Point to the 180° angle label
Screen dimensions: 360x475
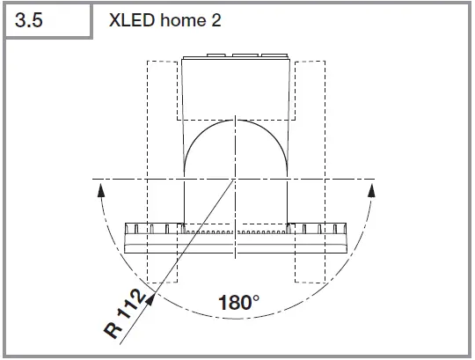tap(238, 302)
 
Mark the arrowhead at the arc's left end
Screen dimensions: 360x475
tap(102, 187)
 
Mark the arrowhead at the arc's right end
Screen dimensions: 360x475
tap(369, 187)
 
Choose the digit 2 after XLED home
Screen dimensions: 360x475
tap(216, 20)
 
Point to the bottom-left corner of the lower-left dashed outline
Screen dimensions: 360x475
tap(149, 283)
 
